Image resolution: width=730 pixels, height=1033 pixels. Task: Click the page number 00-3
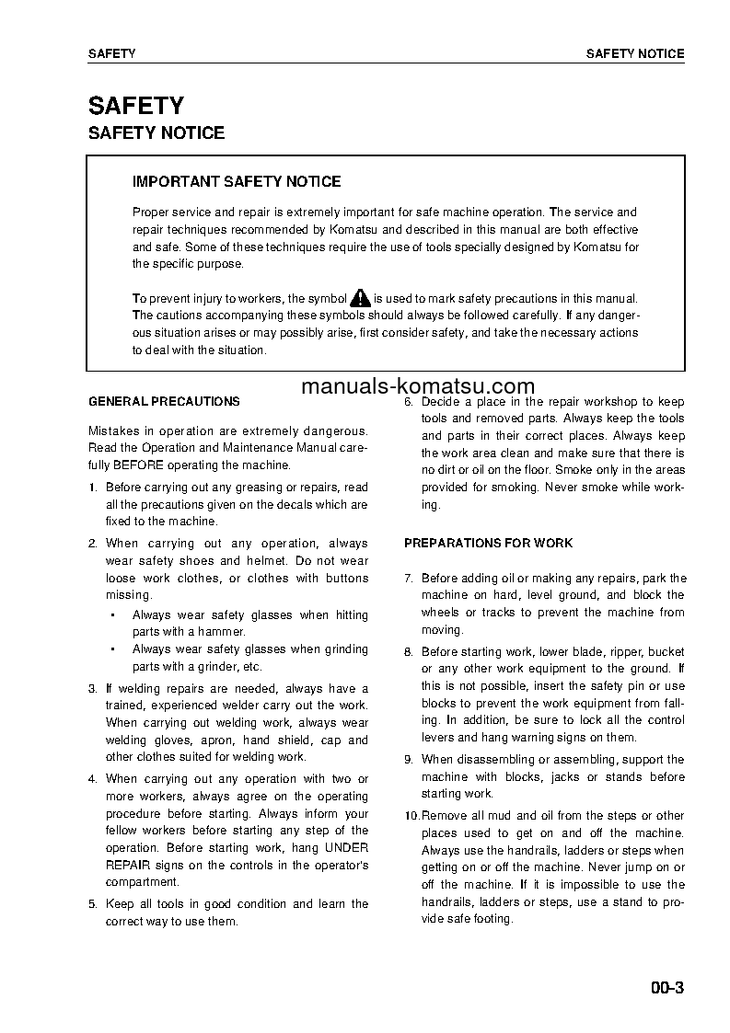pos(666,989)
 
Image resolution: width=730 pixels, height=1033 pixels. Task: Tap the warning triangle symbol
pos(360,298)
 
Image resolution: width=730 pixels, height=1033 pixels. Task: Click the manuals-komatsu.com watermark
pos(417,386)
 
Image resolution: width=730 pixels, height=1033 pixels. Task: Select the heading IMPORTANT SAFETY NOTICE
pos(237,182)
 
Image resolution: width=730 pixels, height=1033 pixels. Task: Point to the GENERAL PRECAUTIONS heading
pos(164,401)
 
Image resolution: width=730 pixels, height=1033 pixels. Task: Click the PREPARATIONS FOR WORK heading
pos(488,543)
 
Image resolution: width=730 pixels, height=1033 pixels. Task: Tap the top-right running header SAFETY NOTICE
pos(635,53)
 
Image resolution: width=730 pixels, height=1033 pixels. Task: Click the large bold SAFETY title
pos(135,106)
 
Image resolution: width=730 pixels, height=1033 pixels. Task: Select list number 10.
pos(411,816)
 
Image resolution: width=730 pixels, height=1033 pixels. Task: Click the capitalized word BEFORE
pos(141,465)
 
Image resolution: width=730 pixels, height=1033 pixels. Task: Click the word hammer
pos(224,632)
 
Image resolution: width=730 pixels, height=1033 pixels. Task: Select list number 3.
pos(92,688)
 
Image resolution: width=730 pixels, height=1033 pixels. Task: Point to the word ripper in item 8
pos(632,651)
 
